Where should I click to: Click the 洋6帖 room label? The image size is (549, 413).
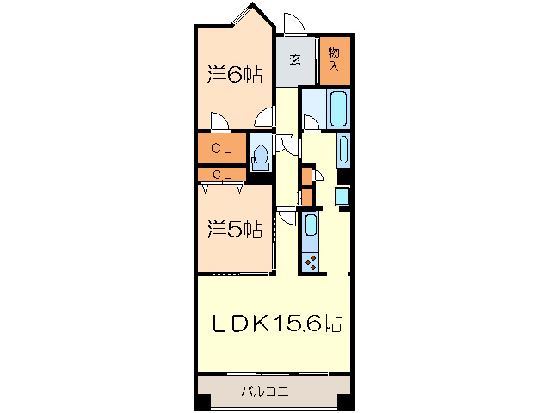point(234,75)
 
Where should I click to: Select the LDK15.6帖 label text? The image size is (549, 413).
point(278,324)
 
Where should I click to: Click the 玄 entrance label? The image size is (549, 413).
point(294,59)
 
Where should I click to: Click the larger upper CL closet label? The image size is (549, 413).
point(221,149)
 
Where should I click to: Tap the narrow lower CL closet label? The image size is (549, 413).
point(221,175)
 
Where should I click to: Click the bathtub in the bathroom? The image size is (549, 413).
point(336,110)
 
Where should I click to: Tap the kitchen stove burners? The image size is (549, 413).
point(311,260)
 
